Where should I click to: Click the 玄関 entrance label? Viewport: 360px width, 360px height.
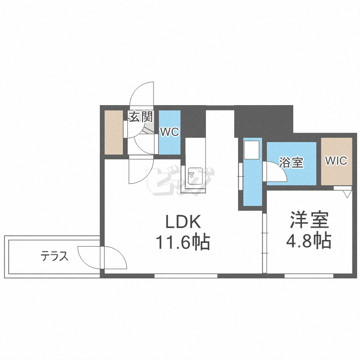[x=141, y=117]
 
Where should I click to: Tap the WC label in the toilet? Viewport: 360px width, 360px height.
[x=169, y=132]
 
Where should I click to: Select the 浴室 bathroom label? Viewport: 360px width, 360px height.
[x=291, y=162]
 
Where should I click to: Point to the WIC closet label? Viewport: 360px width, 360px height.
[x=336, y=161]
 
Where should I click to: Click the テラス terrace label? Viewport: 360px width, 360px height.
[x=55, y=256]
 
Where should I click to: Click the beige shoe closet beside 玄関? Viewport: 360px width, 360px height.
[x=114, y=132]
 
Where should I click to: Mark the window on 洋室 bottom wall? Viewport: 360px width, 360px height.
[x=308, y=276]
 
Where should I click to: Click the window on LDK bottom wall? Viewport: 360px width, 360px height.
[x=186, y=276]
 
